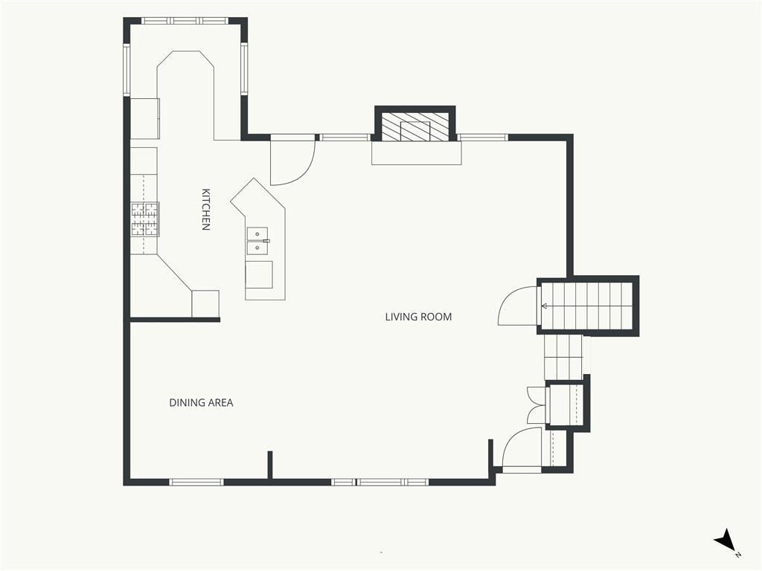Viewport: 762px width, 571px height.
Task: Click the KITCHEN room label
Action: click(x=206, y=209)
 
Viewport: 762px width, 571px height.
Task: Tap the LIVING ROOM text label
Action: click(x=418, y=317)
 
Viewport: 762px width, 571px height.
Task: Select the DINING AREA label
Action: click(x=201, y=402)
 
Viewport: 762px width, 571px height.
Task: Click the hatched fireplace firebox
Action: click(x=415, y=127)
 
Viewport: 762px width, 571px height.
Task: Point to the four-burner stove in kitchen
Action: click(x=145, y=219)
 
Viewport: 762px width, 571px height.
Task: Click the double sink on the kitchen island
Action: click(x=257, y=242)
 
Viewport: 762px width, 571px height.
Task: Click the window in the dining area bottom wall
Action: click(x=196, y=482)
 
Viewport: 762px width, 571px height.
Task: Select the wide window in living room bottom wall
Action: click(x=380, y=482)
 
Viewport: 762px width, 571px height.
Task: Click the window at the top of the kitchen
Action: click(x=185, y=21)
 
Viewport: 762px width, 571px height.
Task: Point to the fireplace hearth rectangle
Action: click(x=417, y=153)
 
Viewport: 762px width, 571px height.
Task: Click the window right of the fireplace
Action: click(x=484, y=138)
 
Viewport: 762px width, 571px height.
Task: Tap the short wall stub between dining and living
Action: click(x=270, y=465)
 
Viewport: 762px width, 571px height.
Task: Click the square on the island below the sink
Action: click(x=259, y=275)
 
